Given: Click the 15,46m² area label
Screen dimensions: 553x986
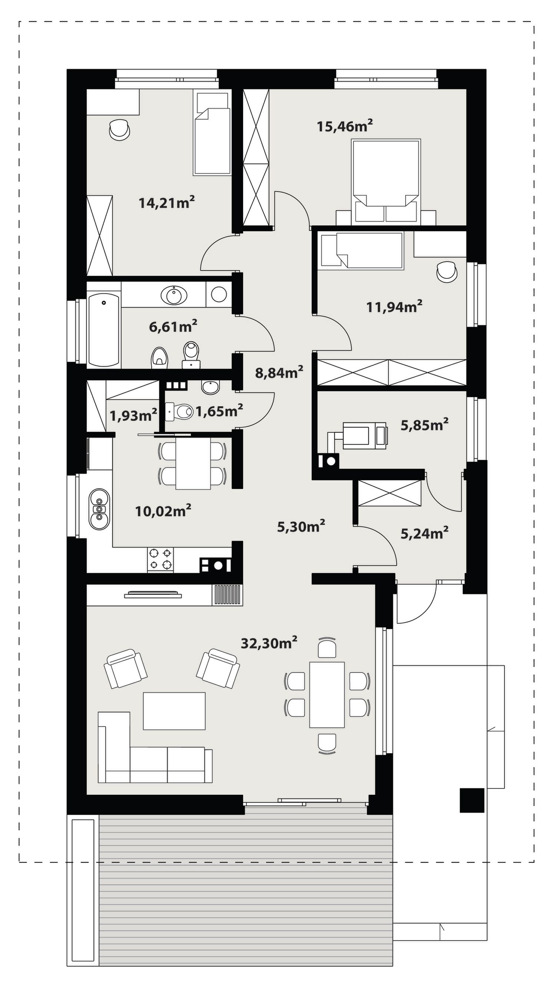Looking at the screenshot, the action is click(345, 126).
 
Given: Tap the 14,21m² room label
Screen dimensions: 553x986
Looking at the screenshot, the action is click(166, 202).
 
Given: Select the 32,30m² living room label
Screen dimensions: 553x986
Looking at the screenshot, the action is click(269, 643).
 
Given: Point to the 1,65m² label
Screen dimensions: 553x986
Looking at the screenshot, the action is click(219, 411).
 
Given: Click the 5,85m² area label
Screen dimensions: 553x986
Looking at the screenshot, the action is click(424, 424).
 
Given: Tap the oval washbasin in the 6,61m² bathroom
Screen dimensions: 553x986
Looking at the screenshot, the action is click(175, 294).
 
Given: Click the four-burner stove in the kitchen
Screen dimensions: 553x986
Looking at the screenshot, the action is click(160, 560).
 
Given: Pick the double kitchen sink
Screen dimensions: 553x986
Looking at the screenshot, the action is click(99, 509).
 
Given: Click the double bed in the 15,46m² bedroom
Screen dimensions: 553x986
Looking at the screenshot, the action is click(386, 181).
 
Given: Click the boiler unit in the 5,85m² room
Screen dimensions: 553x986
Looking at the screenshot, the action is click(364, 435).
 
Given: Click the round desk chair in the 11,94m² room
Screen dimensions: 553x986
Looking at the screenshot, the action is click(447, 271).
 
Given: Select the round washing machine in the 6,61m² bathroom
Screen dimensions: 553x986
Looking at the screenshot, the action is click(219, 294).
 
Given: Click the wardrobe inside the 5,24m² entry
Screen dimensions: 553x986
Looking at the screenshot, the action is click(390, 493).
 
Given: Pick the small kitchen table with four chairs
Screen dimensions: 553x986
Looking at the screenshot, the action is click(192, 463).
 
